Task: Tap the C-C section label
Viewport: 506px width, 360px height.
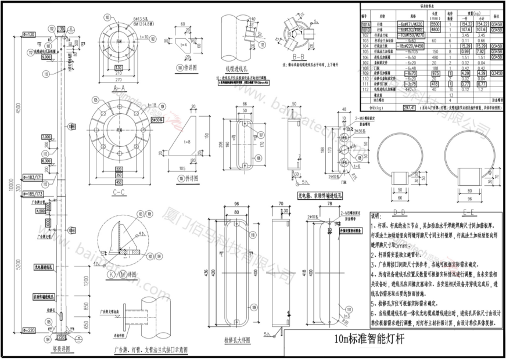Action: [x=119, y=191]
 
